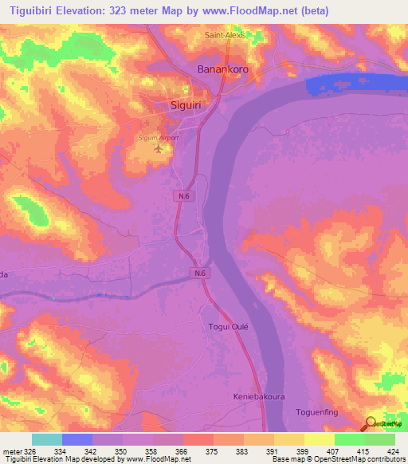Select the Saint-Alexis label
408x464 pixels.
click(227, 35)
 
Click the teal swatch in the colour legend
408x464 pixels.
click(47, 439)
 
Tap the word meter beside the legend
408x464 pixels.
click(11, 450)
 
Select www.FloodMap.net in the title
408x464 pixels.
click(251, 11)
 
